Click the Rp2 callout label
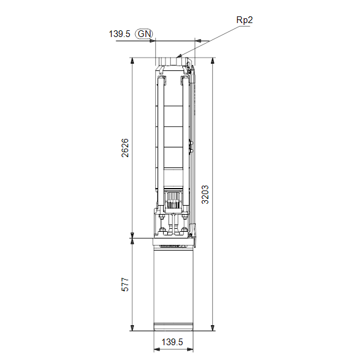(244, 20)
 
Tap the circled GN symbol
(144, 34)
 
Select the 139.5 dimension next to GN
(119, 34)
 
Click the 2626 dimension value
(125, 148)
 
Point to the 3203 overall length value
(205, 195)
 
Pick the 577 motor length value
(125, 284)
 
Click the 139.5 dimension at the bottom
(172, 342)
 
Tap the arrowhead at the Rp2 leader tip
(179, 56)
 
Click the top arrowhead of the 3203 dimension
(212, 60)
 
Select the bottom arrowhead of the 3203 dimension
(212, 328)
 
